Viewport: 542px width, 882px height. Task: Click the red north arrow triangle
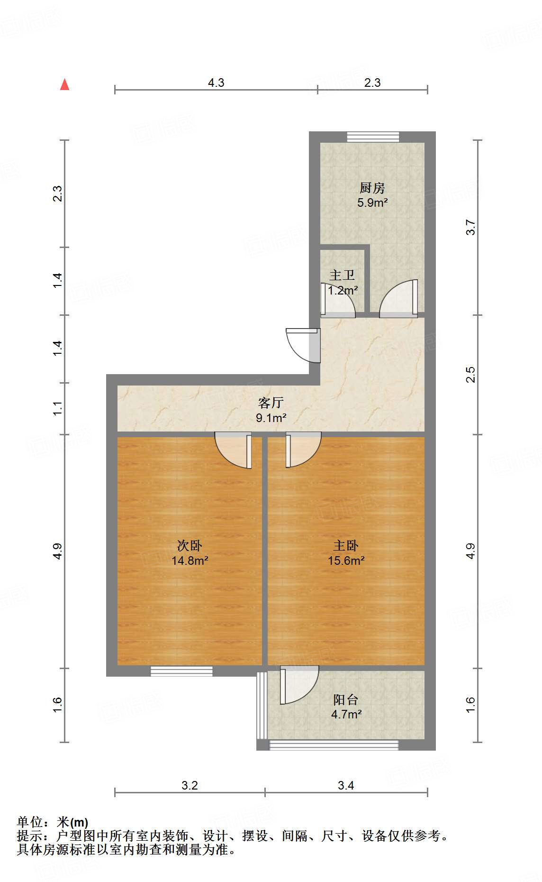click(65, 85)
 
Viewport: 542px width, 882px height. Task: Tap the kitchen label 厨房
click(372, 188)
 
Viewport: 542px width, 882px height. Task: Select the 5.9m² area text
click(372, 203)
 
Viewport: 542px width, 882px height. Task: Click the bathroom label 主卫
click(342, 276)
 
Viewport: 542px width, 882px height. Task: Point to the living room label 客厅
click(271, 403)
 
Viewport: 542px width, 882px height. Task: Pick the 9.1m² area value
click(271, 418)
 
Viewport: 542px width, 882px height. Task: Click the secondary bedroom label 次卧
click(190, 546)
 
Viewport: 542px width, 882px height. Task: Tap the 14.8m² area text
click(190, 561)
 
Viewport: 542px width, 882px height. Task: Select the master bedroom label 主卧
click(346, 546)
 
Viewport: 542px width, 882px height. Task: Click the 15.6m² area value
click(346, 561)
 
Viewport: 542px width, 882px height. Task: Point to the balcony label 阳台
click(346, 699)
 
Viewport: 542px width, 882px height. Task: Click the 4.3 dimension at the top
click(216, 83)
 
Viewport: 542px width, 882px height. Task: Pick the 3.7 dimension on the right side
click(470, 227)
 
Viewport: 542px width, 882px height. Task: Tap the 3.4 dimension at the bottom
click(346, 786)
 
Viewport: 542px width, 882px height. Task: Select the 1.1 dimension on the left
click(57, 408)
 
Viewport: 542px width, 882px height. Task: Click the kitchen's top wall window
click(373, 137)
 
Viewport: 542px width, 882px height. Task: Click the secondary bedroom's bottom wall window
click(181, 671)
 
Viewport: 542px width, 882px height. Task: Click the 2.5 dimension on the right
click(470, 375)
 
